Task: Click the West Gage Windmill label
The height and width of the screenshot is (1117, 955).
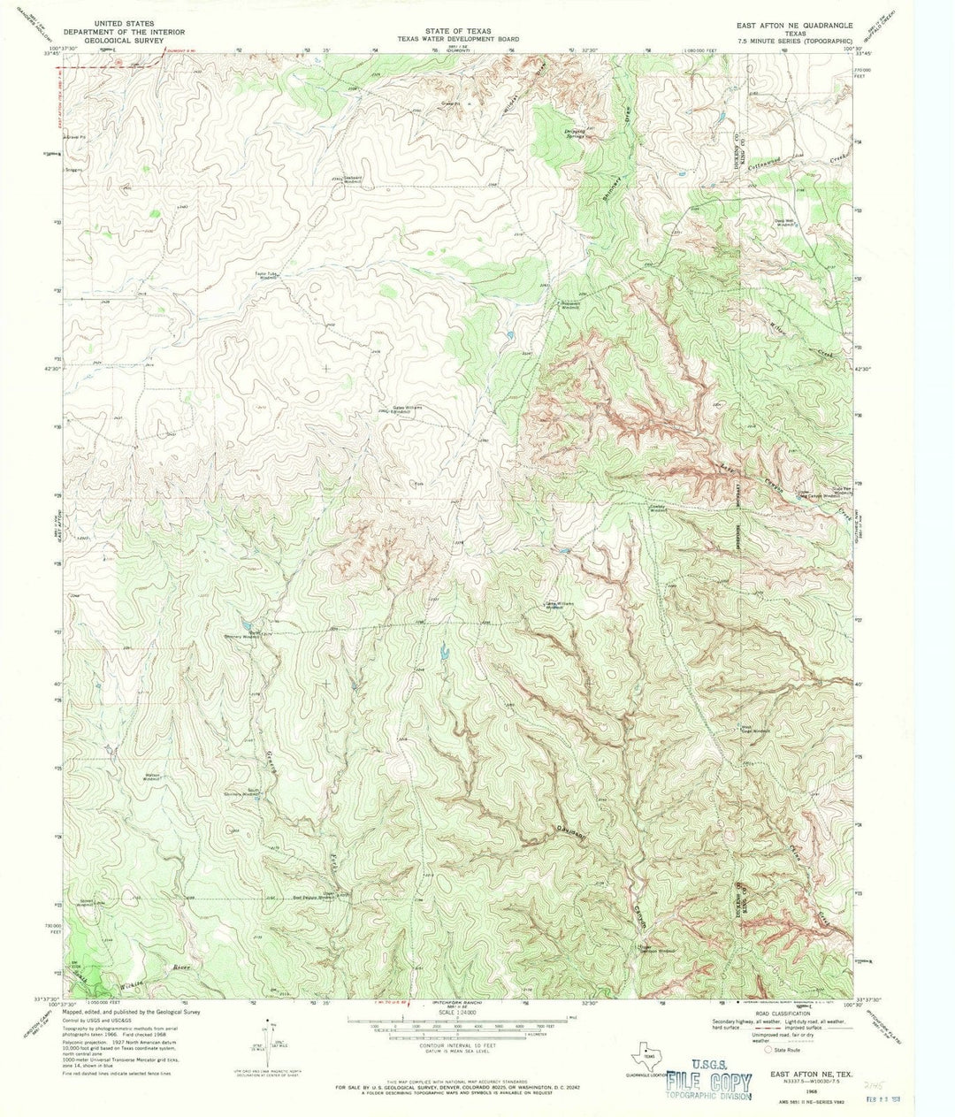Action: [753, 730]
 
